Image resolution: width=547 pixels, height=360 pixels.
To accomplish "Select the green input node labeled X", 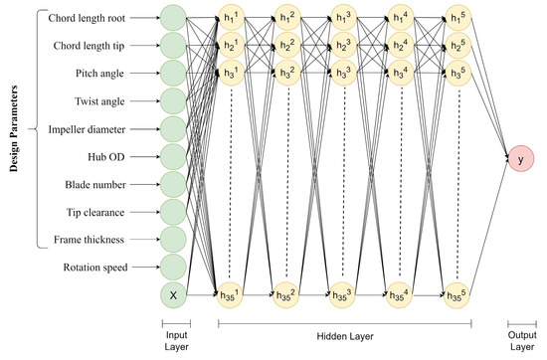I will click(172, 293).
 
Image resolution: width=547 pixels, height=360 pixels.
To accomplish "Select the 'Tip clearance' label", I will click(107, 211).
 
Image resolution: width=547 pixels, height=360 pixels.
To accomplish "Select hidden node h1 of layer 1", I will click(231, 17).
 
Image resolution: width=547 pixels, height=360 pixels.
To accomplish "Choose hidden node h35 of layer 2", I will click(288, 293).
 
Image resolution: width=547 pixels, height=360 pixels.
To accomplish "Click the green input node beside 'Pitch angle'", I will click(172, 73).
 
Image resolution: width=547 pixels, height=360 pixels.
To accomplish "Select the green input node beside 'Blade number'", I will click(172, 183).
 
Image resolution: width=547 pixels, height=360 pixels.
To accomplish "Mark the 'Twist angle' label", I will click(108, 100).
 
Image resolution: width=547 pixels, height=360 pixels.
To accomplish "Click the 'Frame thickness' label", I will click(100, 239).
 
